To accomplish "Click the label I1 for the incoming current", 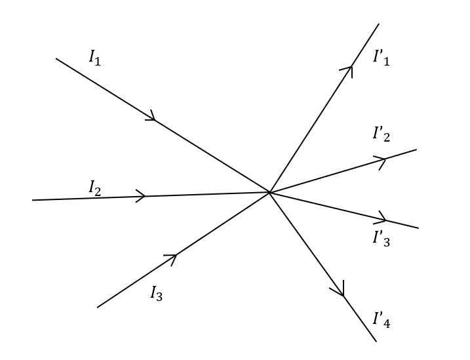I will pos(95,58).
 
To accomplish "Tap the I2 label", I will pos(95,188).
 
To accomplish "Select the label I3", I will pos(156,293).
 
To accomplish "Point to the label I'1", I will pos(381,58).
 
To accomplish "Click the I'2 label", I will pos(381,134).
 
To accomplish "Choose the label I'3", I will pos(381,238).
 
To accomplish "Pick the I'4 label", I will pos(381,319).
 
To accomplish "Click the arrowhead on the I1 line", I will pos(152,117).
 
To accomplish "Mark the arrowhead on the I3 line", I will pos(173,256).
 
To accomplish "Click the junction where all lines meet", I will pos(269,192).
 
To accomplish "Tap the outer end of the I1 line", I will pos(56,58).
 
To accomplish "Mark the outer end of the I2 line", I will pos(33,200).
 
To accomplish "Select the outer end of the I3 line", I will pos(98,307).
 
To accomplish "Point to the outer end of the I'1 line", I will pos(378,24).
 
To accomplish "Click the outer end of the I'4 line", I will pos(376,341).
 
